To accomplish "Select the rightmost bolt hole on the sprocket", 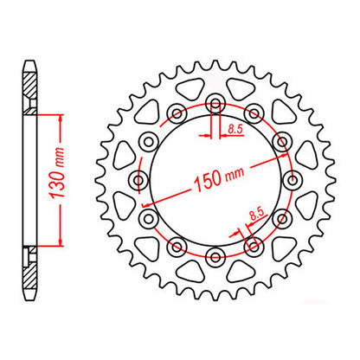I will [x=292, y=179].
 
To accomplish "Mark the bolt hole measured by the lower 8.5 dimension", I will [x=254, y=246].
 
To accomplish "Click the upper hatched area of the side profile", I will [x=31, y=87].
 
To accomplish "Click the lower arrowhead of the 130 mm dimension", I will [x=59, y=244].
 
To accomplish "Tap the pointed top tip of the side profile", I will [x=31, y=60].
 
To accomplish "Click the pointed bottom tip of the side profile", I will [x=31, y=298].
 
